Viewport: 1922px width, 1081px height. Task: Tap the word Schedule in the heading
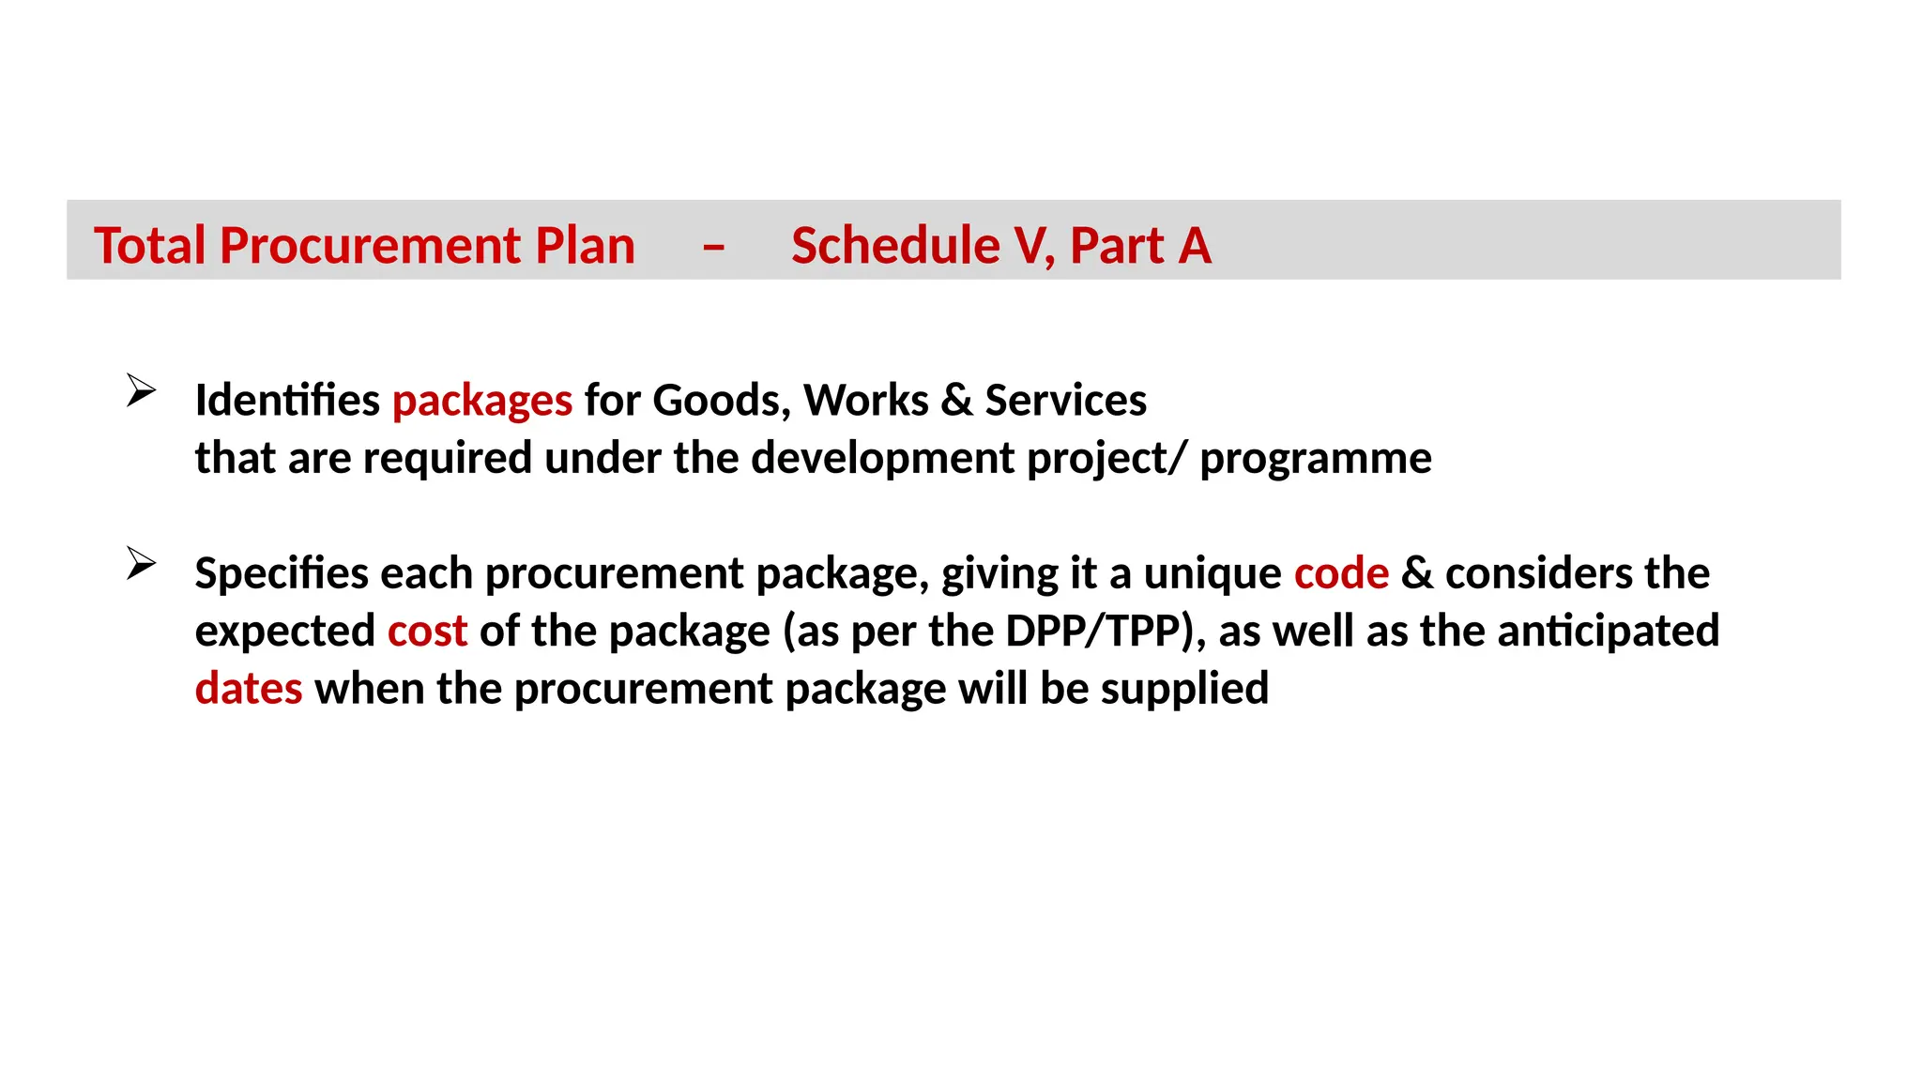point(894,246)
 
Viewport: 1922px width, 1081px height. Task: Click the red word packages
point(481,402)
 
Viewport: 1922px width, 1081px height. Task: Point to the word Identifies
point(287,401)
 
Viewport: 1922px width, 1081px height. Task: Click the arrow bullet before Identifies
point(141,389)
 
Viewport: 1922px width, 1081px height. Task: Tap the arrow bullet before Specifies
point(141,563)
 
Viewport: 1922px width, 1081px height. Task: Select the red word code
point(1341,573)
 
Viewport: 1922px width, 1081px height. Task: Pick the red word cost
point(427,632)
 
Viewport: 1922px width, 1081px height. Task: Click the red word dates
point(249,689)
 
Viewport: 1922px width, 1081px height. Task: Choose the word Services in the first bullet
point(1065,401)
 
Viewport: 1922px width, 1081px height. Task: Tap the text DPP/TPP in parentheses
point(1092,632)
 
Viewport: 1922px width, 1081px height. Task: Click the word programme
point(1316,459)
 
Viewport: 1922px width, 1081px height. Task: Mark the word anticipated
point(1609,632)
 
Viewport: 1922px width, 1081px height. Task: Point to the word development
point(883,459)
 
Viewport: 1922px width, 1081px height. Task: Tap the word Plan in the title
point(585,246)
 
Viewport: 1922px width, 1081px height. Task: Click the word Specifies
point(282,573)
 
